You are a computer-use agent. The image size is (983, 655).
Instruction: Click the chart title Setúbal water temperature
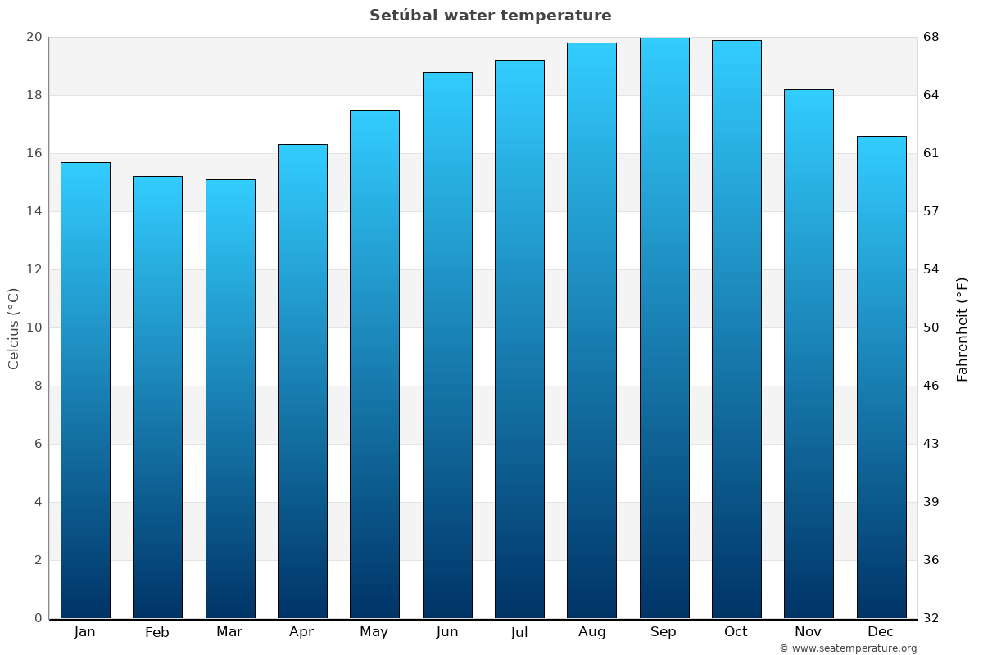click(490, 16)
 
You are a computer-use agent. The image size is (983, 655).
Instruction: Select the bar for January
click(85, 390)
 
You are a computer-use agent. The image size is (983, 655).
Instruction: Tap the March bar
click(230, 399)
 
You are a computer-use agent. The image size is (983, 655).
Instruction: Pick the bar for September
click(664, 327)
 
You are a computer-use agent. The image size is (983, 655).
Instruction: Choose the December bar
click(881, 377)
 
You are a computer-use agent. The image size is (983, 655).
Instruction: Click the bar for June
click(447, 345)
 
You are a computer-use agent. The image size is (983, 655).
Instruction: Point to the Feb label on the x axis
click(156, 632)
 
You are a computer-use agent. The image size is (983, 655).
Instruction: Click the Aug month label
click(591, 632)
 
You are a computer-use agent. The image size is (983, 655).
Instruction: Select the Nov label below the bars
click(809, 632)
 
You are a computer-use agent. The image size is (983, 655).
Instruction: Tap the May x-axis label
click(374, 632)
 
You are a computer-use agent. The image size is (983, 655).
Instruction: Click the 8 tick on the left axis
click(37, 386)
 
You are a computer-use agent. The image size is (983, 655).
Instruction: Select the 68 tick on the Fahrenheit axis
click(932, 37)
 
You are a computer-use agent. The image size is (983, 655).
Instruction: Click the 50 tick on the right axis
click(932, 327)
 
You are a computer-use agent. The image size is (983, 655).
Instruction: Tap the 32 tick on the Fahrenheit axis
click(932, 618)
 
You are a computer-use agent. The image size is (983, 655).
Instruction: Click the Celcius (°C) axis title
click(13, 327)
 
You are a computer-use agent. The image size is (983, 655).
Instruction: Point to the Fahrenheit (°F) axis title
click(963, 328)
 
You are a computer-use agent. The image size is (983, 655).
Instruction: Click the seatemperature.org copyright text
click(848, 648)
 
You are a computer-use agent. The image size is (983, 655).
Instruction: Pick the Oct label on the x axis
click(736, 632)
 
